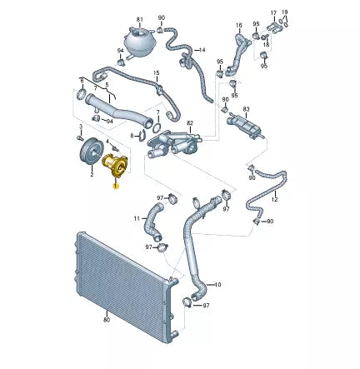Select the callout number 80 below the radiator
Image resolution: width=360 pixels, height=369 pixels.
pyautogui.click(x=107, y=319)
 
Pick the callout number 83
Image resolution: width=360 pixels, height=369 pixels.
pyautogui.click(x=247, y=109)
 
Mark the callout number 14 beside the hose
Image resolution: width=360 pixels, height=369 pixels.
pyautogui.click(x=202, y=50)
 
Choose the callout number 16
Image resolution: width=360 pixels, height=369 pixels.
pyautogui.click(x=238, y=25)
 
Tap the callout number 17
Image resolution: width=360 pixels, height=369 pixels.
pyautogui.click(x=272, y=12)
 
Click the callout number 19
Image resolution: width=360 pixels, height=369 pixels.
pyautogui.click(x=285, y=12)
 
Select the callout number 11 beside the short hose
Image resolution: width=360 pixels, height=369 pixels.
pyautogui.click(x=137, y=218)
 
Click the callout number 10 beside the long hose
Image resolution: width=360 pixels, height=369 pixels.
pyautogui.click(x=217, y=285)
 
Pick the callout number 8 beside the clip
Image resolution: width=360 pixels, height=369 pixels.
pyautogui.click(x=132, y=134)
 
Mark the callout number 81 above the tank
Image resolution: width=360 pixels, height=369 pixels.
pyautogui.click(x=140, y=17)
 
